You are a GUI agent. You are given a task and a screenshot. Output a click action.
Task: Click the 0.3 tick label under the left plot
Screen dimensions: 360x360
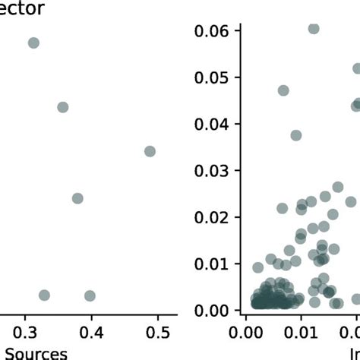[25, 333]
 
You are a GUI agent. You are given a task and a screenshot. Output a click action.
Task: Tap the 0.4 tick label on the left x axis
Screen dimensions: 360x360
[91, 333]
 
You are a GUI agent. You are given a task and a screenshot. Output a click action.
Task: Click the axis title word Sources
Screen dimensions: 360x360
[33, 353]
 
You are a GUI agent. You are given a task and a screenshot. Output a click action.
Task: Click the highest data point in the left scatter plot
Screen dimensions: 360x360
[33, 43]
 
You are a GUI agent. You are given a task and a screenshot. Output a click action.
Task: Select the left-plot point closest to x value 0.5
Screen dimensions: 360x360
[150, 151]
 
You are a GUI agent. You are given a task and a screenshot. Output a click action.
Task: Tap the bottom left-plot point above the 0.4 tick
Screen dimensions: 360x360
[90, 295]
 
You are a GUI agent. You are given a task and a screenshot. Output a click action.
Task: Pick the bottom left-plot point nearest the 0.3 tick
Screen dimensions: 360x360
[44, 295]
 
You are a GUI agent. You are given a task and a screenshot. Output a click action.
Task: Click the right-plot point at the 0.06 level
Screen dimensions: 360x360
[313, 29]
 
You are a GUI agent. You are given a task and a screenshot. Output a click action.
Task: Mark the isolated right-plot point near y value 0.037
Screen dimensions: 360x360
[296, 135]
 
